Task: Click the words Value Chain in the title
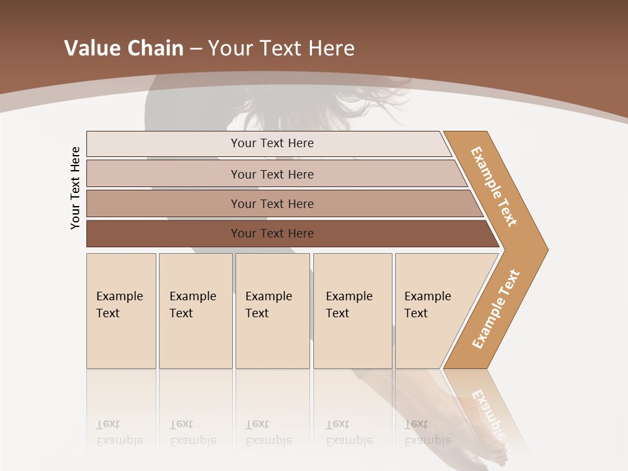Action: pos(124,48)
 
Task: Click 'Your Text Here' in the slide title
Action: pos(281,48)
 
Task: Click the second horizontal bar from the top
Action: pos(272,174)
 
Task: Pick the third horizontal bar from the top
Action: pos(272,203)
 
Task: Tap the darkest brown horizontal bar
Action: pos(272,234)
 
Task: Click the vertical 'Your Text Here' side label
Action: pos(75,188)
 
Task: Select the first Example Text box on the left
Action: pos(121,310)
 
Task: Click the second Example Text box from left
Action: pos(195,310)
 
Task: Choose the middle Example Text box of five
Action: pos(272,310)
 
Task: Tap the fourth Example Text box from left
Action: pos(352,310)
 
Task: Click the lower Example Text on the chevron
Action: pos(496,309)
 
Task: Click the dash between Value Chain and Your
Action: pos(196,48)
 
